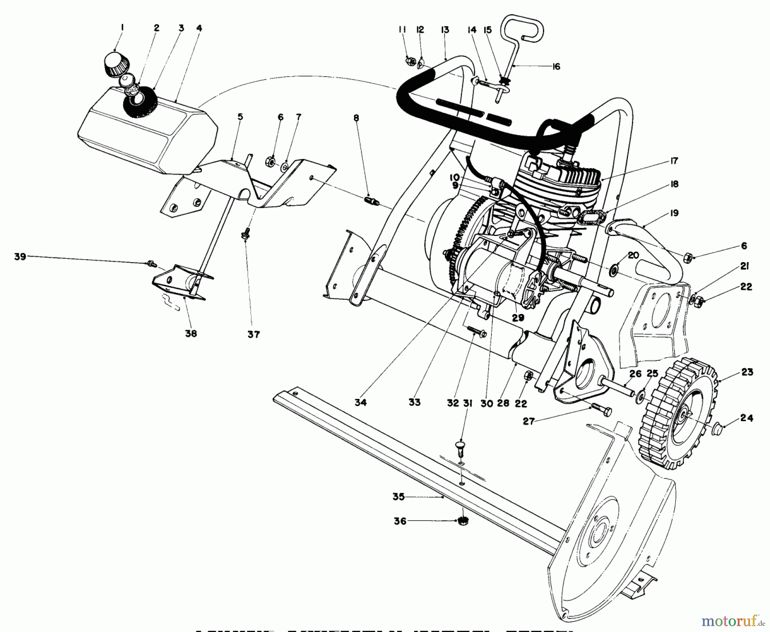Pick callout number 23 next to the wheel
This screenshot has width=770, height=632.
(x=747, y=372)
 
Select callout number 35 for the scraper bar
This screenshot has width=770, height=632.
(x=399, y=497)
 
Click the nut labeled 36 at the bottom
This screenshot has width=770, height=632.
(x=462, y=521)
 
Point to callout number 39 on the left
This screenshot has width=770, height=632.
(x=20, y=257)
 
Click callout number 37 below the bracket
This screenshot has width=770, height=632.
(x=254, y=334)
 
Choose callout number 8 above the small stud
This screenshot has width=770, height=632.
(x=356, y=118)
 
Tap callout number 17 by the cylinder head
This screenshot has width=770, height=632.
(x=674, y=161)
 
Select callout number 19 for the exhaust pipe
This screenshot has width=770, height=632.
(x=674, y=213)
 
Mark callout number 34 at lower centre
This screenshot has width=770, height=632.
(x=360, y=402)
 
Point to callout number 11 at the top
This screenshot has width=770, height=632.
(x=402, y=29)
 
